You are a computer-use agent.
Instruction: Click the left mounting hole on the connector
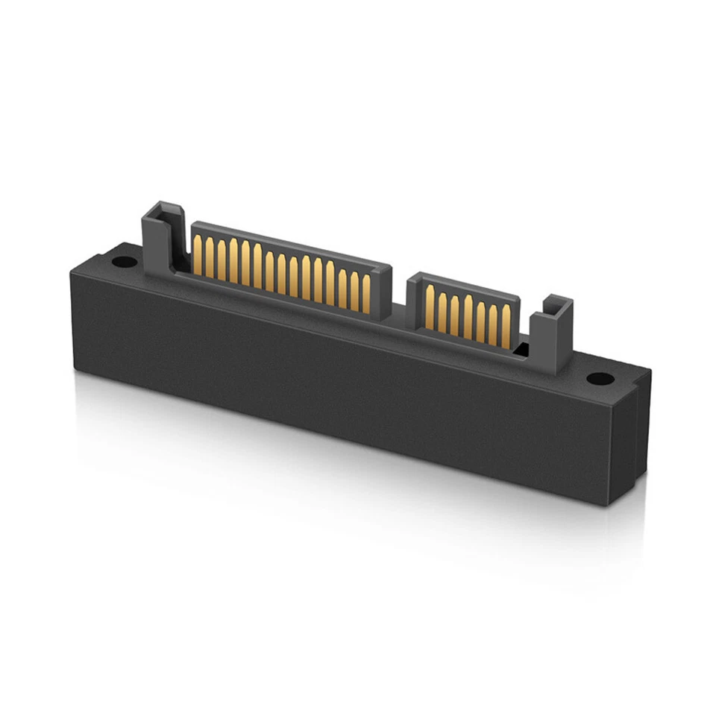click(x=122, y=263)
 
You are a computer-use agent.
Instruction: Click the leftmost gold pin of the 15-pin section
click(x=198, y=254)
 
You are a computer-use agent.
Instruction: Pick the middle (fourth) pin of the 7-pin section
click(x=468, y=316)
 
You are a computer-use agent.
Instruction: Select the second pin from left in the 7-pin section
click(x=443, y=310)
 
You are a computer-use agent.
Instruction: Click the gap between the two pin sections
click(x=399, y=306)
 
